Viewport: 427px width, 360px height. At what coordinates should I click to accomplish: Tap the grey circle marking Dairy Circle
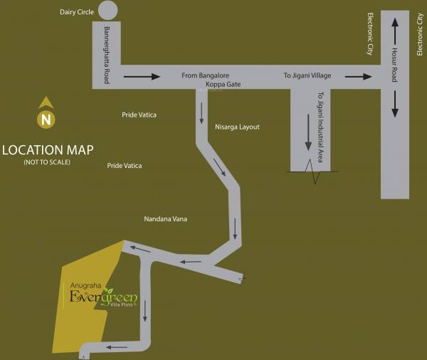[107, 10]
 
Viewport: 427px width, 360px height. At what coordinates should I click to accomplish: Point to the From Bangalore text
[206, 75]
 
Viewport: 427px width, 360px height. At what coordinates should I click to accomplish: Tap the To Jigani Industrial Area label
[320, 127]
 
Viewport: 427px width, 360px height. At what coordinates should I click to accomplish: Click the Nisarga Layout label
[237, 127]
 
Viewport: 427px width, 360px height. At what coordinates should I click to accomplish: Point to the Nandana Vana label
[164, 220]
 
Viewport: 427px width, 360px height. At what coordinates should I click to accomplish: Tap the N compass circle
[46, 119]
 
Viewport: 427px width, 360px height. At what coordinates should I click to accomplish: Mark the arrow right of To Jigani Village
[359, 76]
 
